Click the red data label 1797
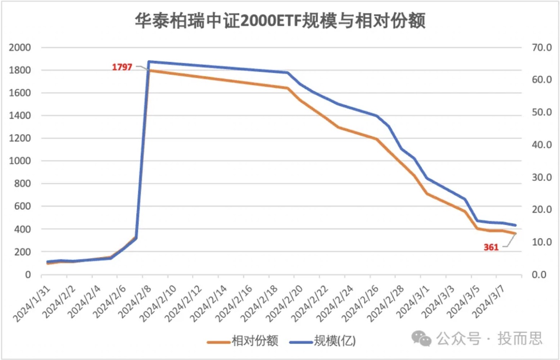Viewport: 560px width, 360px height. [122, 67]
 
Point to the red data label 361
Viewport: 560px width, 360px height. [491, 248]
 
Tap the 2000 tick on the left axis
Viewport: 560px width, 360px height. [20, 48]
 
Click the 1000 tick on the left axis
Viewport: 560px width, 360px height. [20, 161]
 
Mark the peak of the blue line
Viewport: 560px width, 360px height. [148, 62]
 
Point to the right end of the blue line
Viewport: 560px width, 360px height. [515, 226]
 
